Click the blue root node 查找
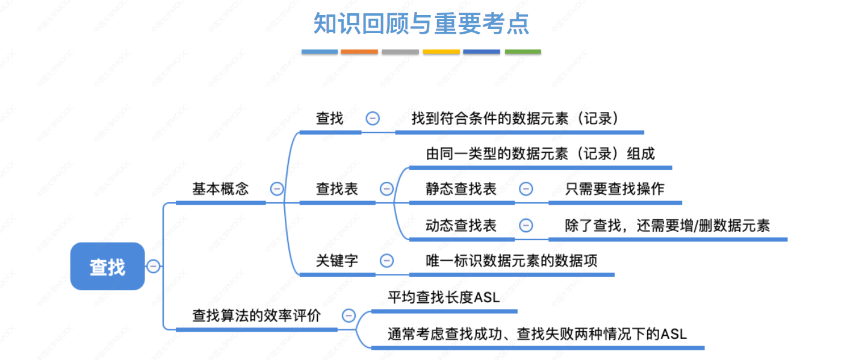coord(108,267)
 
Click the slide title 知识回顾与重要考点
coord(421,23)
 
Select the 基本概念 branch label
coord(220,188)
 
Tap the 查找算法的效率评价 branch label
coord(256,315)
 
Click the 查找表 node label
coord(337,188)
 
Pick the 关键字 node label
coord(337,261)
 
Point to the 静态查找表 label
coord(461,188)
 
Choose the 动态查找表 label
coord(461,225)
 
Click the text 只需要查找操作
coord(615,188)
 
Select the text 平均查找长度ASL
coord(444,297)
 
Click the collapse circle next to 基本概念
coord(277,188)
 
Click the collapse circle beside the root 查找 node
coord(154,266)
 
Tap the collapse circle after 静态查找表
coord(526,189)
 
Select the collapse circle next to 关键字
coord(387,261)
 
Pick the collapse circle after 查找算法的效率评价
coord(349,315)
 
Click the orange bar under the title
coord(359,52)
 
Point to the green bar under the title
coord(523,52)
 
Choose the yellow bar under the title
coord(441,52)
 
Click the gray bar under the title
coord(400,52)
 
